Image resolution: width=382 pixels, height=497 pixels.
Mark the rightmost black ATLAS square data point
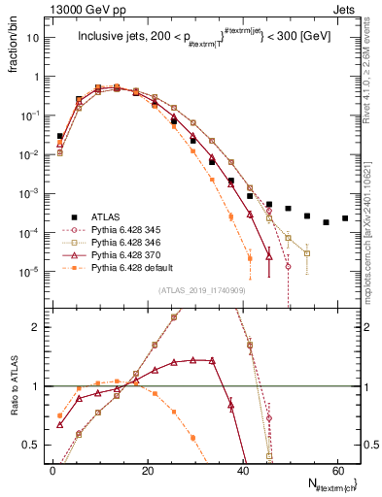pos(345,218)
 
